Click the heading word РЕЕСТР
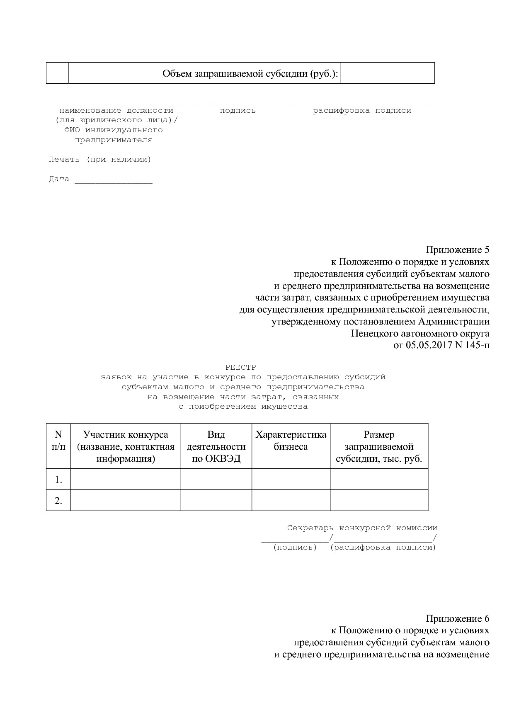pos(240,367)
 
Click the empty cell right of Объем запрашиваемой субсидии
pos(387,73)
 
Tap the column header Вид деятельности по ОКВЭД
pos(216,446)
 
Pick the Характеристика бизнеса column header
pos(291,441)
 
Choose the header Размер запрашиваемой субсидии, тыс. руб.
pos(378,446)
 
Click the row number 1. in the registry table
pos(58,480)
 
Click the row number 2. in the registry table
pos(58,501)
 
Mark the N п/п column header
pos(58,441)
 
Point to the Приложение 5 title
pos(457,250)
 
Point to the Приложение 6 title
pos(457,618)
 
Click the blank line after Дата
pos(113,180)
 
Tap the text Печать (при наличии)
pos(100,159)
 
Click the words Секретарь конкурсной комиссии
pos(362,528)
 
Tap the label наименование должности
pos(116,111)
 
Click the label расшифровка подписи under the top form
pos(362,111)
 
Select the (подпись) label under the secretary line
pos(295,548)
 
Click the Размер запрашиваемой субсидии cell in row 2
pos(378,500)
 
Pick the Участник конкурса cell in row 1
pos(126,479)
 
